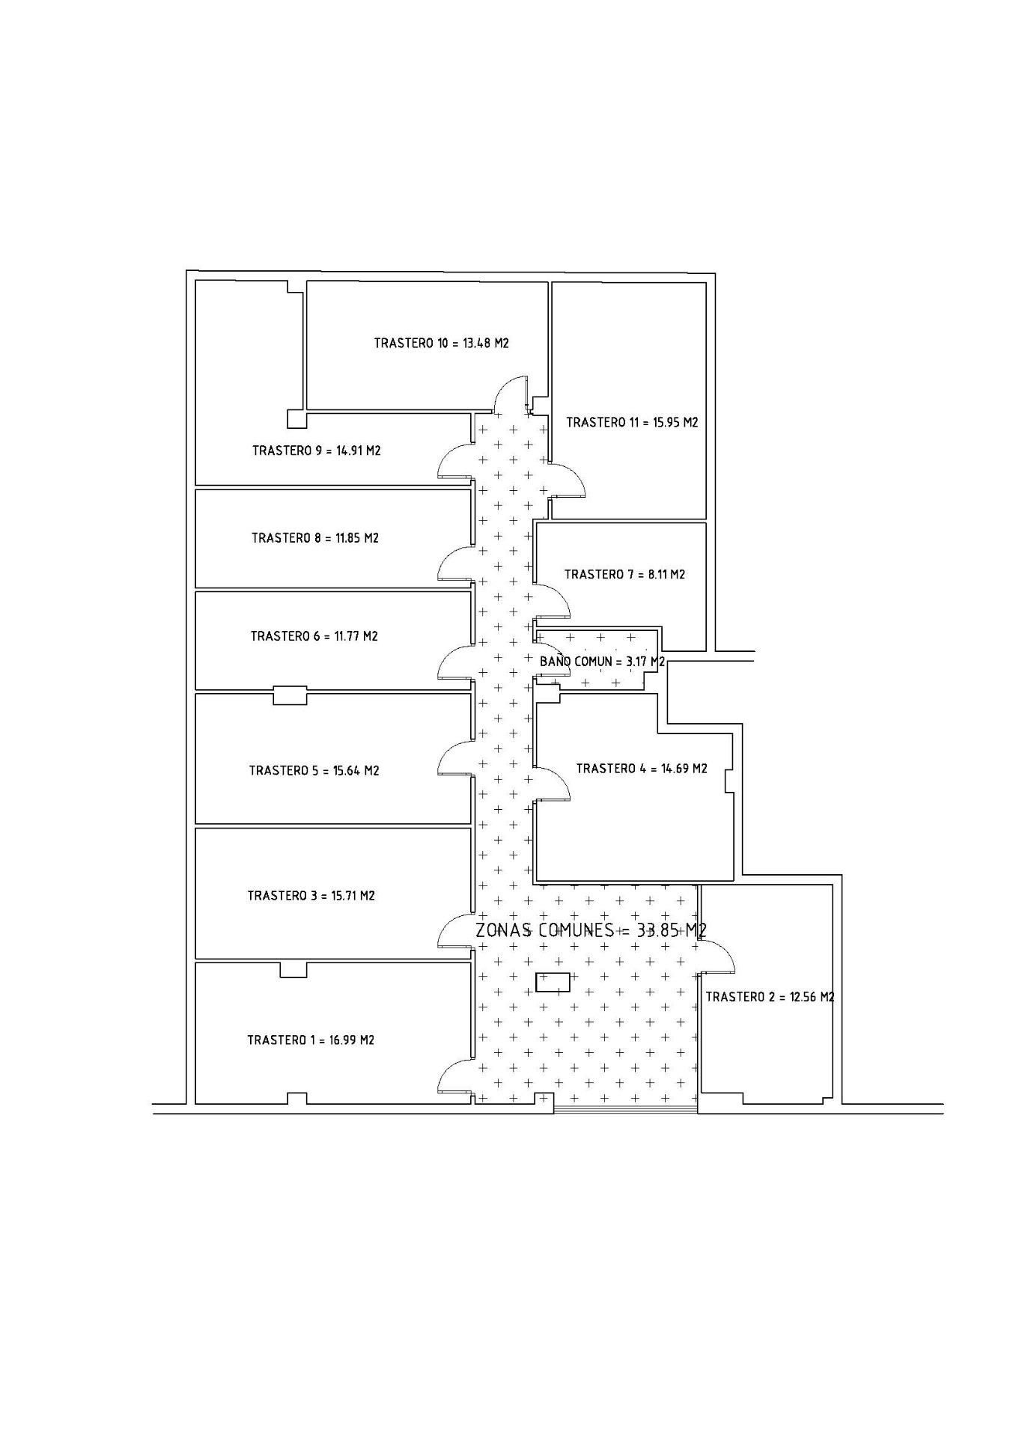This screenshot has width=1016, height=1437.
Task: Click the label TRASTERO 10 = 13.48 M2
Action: pyautogui.click(x=442, y=344)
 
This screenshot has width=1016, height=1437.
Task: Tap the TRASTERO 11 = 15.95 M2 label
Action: pyautogui.click(x=632, y=422)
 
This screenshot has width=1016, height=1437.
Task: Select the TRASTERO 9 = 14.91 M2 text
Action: pyautogui.click(x=317, y=451)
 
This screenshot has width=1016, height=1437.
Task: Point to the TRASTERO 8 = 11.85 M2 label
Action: pyautogui.click(x=315, y=538)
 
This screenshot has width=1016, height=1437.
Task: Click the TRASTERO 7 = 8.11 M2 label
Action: pyautogui.click(x=624, y=575)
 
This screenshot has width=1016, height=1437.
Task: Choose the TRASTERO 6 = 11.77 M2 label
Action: pyautogui.click(x=314, y=636)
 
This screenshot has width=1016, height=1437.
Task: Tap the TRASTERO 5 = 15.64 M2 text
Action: pyautogui.click(x=314, y=771)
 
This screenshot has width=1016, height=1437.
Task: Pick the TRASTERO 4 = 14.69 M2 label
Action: pyautogui.click(x=642, y=769)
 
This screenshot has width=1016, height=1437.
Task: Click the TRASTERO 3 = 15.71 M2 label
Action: pyautogui.click(x=311, y=896)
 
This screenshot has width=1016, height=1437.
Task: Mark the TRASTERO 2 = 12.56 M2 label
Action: pyautogui.click(x=770, y=997)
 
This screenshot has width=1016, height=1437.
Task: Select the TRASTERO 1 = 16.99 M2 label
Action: pyautogui.click(x=311, y=1040)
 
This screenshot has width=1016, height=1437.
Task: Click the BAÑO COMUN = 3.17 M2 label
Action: pyautogui.click(x=603, y=662)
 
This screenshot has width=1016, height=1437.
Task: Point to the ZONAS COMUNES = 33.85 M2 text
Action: pyautogui.click(x=591, y=930)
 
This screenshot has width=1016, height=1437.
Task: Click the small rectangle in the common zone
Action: pyautogui.click(x=553, y=982)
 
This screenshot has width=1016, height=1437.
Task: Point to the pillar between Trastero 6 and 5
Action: pyautogui.click(x=290, y=695)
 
